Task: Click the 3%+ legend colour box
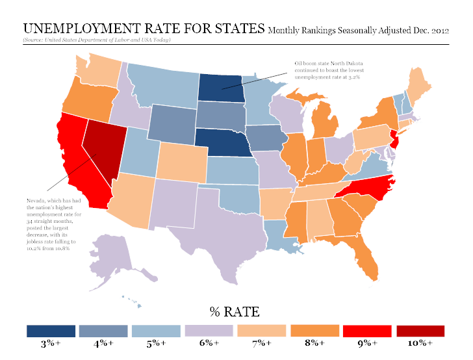(x=51, y=331)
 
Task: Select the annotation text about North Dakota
(x=327, y=70)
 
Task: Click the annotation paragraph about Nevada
(x=49, y=224)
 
